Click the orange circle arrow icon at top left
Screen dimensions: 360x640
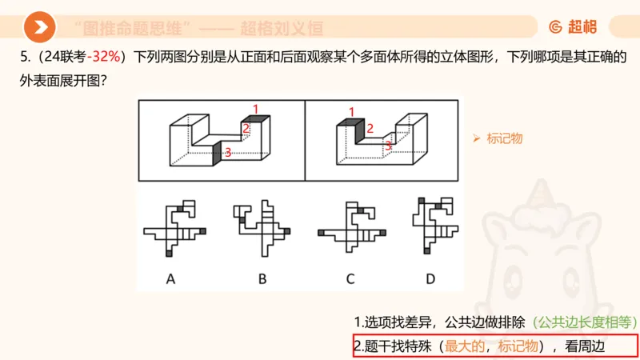point(39,28)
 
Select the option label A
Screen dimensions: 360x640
point(170,279)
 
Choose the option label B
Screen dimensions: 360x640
point(262,279)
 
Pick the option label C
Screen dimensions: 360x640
point(350,279)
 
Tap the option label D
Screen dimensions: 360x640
point(430,279)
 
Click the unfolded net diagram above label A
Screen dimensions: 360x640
point(174,229)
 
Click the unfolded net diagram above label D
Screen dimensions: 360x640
point(432,227)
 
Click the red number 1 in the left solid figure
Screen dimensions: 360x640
point(255,109)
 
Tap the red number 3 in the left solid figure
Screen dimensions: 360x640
point(228,152)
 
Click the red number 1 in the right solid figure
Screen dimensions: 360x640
point(351,111)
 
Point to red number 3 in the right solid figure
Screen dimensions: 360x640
point(388,146)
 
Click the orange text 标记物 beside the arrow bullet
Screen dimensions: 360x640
point(505,138)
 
